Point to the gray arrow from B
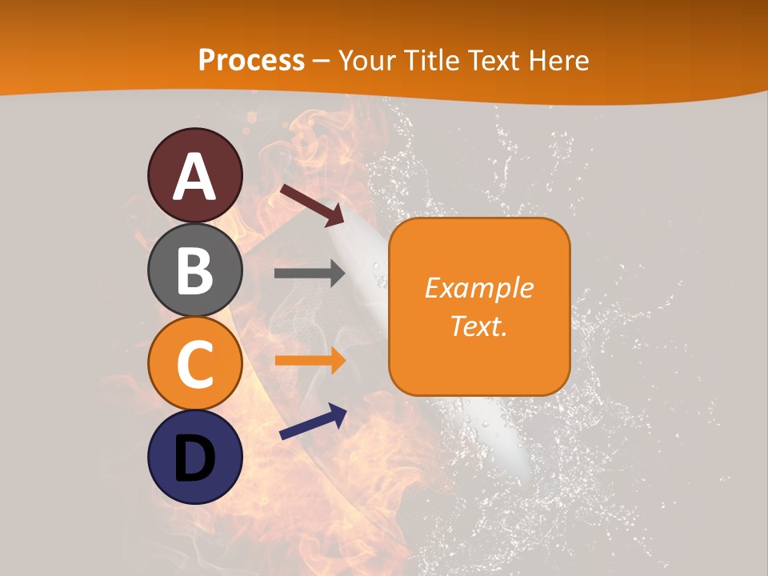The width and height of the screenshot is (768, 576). [310, 274]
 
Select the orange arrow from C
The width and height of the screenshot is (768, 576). [310, 360]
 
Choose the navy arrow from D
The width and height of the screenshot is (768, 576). [313, 422]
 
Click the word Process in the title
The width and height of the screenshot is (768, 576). [251, 60]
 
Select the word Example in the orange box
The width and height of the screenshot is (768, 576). [478, 288]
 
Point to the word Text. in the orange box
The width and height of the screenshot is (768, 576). [478, 326]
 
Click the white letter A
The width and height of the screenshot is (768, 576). [195, 176]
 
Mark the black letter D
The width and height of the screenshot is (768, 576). [195, 458]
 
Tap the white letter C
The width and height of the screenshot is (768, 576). [195, 364]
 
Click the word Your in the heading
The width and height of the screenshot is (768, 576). [365, 60]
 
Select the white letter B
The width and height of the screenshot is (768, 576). [195, 270]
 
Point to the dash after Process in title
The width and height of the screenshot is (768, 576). [322, 61]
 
